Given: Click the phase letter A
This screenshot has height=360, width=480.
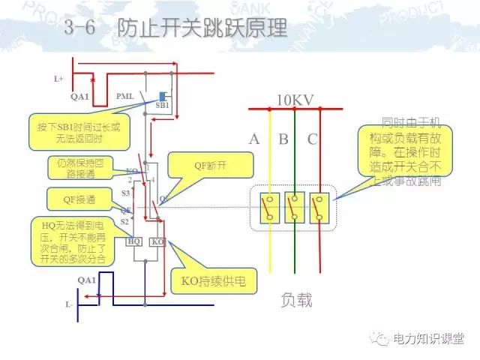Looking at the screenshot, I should [255, 139].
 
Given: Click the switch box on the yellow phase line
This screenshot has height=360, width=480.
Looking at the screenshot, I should [268, 208].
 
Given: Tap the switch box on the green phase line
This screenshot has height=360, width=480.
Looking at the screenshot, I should [295, 208].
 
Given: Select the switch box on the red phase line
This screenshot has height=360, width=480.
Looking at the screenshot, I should [320, 208].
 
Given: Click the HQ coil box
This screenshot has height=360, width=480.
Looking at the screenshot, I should [134, 242].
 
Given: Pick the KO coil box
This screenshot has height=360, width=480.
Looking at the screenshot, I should [157, 242].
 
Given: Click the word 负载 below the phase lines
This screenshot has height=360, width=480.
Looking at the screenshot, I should [295, 301].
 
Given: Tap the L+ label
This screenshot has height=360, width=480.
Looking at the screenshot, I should [59, 78].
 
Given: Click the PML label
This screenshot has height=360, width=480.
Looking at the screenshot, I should [125, 97].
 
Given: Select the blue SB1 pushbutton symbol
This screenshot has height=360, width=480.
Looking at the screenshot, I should [163, 96].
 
